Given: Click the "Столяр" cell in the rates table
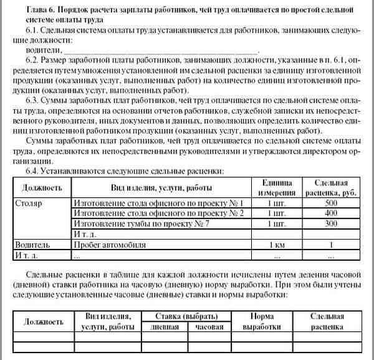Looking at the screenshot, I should (27, 203).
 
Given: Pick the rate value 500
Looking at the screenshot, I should (331, 203).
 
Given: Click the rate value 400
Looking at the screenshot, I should (331, 213).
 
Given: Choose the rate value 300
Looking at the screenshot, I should (331, 223).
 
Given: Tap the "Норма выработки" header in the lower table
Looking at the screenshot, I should (261, 321).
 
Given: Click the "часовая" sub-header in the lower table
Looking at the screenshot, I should (209, 326).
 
